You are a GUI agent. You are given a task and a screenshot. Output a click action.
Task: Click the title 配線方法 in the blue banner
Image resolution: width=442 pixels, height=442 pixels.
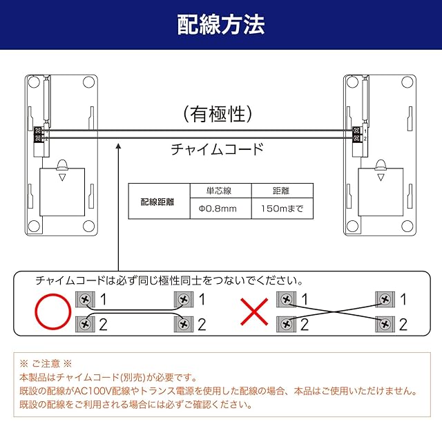point(221,25)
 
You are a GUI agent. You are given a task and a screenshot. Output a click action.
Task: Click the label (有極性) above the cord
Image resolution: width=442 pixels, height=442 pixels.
point(218,114)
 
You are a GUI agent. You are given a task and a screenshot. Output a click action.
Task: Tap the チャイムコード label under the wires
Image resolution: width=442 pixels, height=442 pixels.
point(218,149)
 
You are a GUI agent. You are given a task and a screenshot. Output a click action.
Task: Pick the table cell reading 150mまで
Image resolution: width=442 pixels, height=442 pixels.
point(282,209)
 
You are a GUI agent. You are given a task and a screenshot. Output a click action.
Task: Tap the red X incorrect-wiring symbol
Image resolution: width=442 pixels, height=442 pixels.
point(254,312)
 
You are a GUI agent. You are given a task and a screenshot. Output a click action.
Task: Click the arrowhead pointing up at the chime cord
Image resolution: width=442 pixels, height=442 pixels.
point(119,146)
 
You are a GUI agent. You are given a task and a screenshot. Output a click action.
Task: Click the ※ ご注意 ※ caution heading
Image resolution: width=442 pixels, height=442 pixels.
point(46,363)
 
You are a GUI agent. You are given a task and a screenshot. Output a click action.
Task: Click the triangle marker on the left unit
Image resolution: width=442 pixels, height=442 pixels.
point(62,177)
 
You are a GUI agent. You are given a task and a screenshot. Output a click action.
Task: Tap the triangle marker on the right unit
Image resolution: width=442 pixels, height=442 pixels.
point(381,177)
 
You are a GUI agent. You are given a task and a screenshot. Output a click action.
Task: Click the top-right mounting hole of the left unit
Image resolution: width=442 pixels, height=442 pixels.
point(88,82)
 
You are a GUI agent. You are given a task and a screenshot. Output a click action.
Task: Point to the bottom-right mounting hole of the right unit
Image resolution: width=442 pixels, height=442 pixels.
point(407,226)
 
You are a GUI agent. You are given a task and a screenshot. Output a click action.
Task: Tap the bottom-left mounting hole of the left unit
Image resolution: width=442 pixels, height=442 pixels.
point(34,226)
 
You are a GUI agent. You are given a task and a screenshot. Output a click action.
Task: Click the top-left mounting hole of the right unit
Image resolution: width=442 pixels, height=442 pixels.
point(352,82)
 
